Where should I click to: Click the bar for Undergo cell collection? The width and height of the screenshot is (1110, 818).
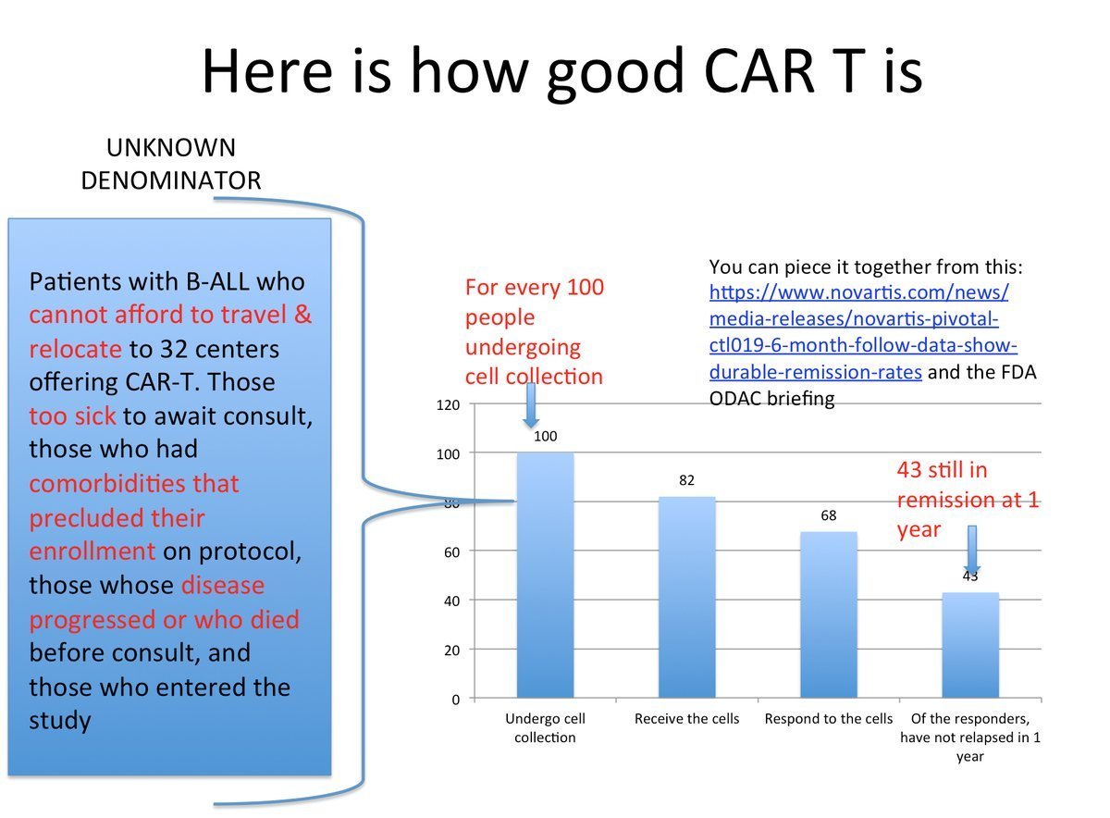point(545,575)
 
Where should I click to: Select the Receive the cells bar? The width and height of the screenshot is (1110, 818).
point(686,598)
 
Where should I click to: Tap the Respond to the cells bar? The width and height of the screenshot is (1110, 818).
point(829,614)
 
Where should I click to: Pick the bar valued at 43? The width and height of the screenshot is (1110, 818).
point(970,645)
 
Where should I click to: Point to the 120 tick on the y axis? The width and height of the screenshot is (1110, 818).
point(448,405)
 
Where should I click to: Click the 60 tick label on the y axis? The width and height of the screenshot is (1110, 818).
point(452,552)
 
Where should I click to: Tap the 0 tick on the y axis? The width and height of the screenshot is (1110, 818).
point(456,700)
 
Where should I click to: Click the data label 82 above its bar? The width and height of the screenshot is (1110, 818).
point(686,480)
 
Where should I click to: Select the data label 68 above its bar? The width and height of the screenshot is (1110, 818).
point(829,515)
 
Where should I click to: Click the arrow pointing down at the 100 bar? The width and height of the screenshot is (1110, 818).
point(531,405)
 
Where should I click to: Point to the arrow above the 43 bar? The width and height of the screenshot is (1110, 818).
point(972,550)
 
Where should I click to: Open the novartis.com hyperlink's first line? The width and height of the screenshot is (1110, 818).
point(858,292)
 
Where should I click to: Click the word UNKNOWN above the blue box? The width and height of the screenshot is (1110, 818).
point(171,148)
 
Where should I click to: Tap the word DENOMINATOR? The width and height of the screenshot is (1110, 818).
point(171,180)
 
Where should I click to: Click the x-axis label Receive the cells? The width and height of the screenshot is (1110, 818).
point(686,719)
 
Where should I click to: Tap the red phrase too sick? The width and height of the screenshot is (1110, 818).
point(72,416)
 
